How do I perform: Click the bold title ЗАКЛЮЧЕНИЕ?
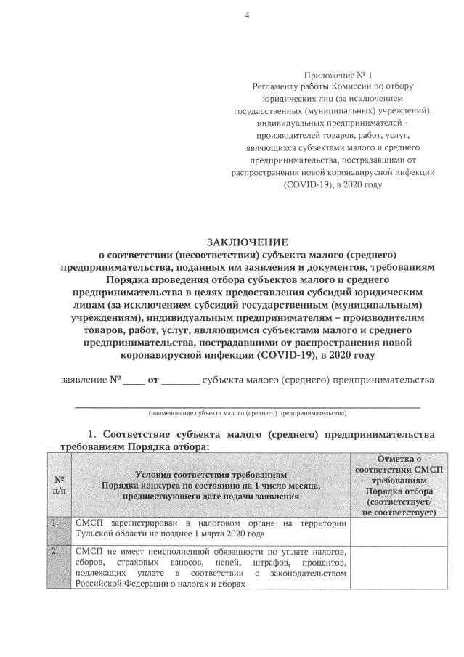[248, 242]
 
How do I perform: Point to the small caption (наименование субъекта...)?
[248, 413]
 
